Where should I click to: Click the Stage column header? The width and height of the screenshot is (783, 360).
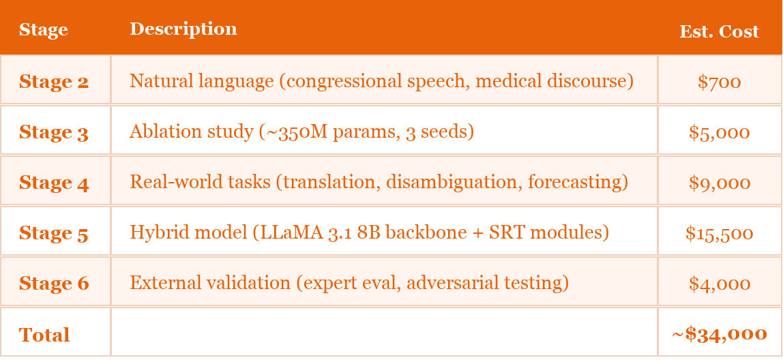(x=43, y=30)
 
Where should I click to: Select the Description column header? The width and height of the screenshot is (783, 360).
(x=183, y=29)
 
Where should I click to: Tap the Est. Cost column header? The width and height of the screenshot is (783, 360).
(x=719, y=31)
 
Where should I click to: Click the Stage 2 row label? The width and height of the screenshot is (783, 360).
(x=54, y=82)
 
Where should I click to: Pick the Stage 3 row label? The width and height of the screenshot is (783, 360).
(x=54, y=132)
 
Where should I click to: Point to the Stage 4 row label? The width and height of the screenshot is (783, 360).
(x=54, y=183)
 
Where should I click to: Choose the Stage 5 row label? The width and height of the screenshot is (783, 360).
(x=54, y=233)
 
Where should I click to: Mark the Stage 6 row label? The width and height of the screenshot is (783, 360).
(x=54, y=284)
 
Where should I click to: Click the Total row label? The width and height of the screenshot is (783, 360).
(x=44, y=335)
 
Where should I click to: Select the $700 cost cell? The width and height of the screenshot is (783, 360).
(x=719, y=82)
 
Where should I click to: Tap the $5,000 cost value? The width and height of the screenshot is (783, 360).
(x=719, y=132)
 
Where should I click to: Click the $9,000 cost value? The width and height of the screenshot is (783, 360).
(x=719, y=183)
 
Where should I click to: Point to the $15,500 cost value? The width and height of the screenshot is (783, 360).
(x=719, y=233)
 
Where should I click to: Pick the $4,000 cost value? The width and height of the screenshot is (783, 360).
(x=719, y=284)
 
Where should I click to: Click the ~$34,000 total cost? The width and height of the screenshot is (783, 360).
(x=719, y=334)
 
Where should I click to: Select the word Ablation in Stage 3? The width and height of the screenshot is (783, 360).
(x=158, y=131)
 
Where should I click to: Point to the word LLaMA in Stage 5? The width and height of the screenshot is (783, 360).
(x=279, y=232)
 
